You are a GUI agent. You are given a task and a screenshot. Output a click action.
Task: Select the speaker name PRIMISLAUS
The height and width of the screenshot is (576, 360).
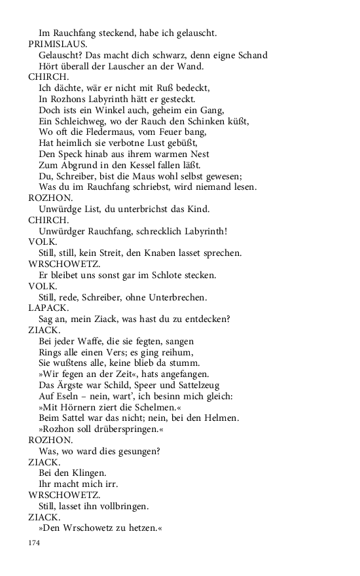click(56, 43)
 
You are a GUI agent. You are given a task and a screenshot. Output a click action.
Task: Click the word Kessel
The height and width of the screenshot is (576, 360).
click(137, 165)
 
